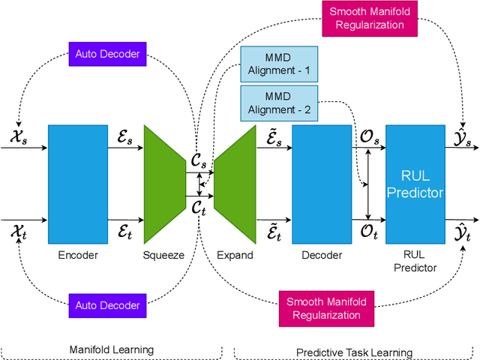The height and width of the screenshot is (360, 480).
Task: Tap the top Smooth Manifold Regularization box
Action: [x=365, y=17]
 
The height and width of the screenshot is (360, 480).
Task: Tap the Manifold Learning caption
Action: [x=112, y=349]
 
